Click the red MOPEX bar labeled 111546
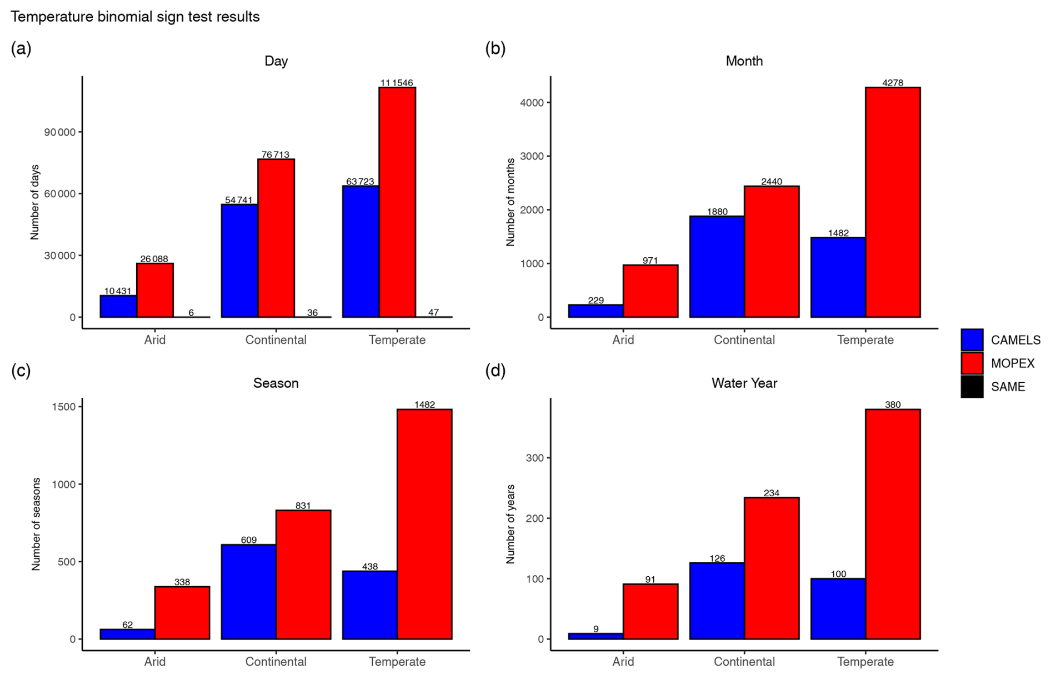397,202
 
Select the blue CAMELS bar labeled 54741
239,261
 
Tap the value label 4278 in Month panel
893,83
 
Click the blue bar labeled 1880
717,266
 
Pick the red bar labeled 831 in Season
303,575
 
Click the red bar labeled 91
650,611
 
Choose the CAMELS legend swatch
972,340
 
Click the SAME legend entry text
1008,387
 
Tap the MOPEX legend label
1012,363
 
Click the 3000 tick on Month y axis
532,156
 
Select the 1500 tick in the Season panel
64,407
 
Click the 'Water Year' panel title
744,383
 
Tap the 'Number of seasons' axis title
36,524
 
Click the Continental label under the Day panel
276,340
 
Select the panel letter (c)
21,371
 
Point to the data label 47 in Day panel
433,312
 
